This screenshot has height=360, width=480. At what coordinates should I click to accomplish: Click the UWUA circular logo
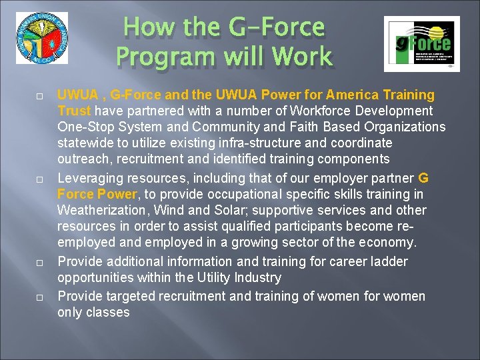(x=42, y=38)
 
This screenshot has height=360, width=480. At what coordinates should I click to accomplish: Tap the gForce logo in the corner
(x=421, y=43)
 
